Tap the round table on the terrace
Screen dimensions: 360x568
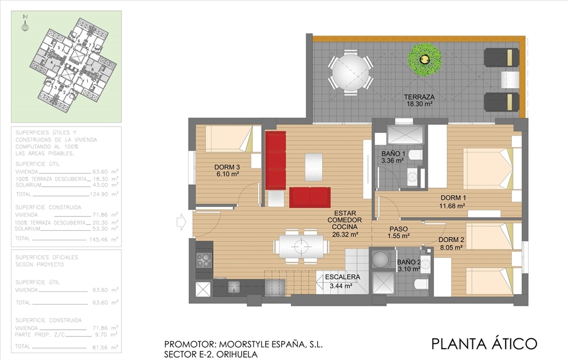click(350, 71)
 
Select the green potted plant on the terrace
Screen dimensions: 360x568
click(424, 59)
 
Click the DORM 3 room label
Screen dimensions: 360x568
click(227, 171)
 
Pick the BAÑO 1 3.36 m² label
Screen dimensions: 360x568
click(393, 157)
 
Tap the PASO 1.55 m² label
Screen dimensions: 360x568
click(398, 232)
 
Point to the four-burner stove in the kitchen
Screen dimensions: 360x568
click(204, 260)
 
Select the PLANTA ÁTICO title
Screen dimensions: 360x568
click(484, 343)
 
